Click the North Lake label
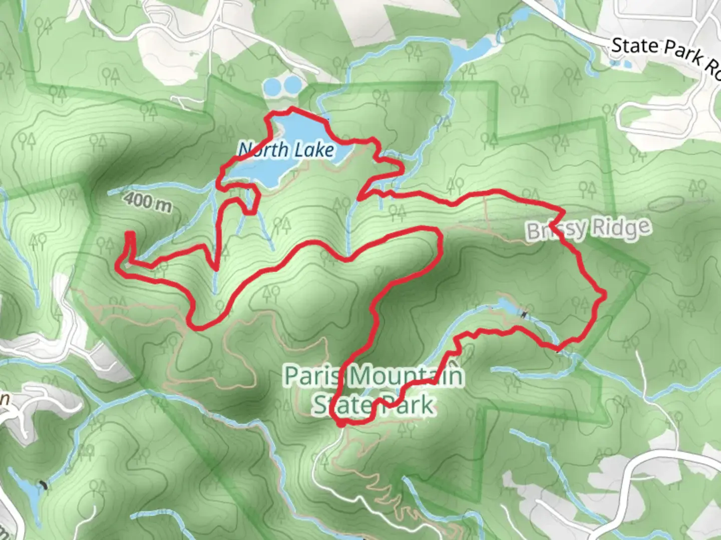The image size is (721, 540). (286, 149)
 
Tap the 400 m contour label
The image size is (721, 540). (148, 201)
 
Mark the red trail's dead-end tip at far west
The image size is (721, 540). (130, 233)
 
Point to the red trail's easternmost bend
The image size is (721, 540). (604, 294)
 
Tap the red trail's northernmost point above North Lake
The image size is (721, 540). (292, 108)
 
